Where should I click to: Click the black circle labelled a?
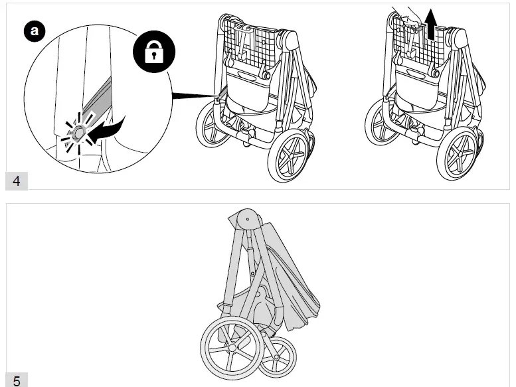34,31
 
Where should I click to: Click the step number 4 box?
17,181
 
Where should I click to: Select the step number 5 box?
17,380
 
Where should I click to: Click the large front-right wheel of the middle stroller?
290,156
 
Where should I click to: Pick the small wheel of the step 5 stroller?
278,356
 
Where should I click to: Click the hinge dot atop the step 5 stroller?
247,217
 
